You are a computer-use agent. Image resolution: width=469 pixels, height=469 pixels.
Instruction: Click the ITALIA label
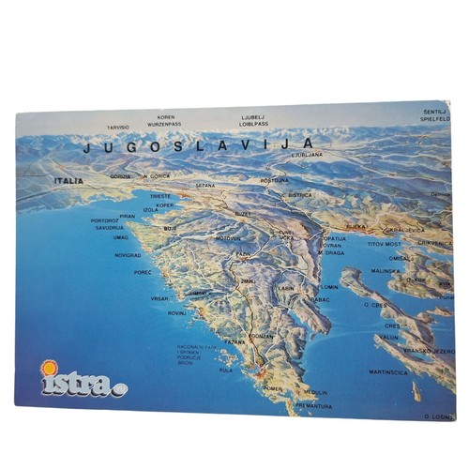click(68, 180)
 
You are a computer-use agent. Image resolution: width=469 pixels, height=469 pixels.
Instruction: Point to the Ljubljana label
click(307, 154)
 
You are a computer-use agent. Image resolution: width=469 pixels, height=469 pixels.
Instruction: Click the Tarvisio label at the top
click(118, 127)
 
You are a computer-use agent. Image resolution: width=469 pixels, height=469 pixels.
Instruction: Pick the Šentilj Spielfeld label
click(436, 115)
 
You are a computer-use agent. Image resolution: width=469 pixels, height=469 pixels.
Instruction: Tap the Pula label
click(225, 370)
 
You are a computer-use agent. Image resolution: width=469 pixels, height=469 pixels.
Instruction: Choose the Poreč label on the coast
click(143, 272)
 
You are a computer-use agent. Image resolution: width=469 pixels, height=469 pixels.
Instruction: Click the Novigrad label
click(128, 254)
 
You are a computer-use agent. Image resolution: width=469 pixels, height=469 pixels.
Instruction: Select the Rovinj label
click(177, 312)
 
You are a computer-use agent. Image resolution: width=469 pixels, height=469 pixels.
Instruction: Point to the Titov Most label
click(384, 244)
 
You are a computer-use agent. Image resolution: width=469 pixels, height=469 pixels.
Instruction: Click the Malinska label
click(385, 271)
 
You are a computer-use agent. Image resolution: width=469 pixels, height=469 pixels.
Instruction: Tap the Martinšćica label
click(387, 372)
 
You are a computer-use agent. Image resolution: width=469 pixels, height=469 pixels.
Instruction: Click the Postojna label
click(275, 180)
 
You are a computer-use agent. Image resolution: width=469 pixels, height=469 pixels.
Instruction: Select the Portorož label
click(106, 220)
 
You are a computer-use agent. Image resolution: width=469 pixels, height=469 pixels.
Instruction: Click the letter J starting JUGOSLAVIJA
click(87, 147)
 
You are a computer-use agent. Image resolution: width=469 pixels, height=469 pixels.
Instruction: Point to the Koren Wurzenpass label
click(165, 120)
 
